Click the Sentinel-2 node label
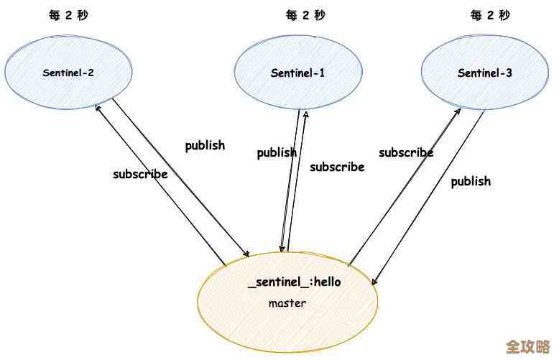(x=68, y=73)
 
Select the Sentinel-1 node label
(x=297, y=73)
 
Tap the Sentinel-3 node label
(x=484, y=73)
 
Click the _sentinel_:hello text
(x=295, y=282)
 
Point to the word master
(x=287, y=303)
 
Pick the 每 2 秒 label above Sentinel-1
(x=305, y=15)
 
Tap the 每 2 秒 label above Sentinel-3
(x=490, y=15)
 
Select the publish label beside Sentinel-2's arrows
(x=205, y=146)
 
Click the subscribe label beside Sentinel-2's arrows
(x=140, y=174)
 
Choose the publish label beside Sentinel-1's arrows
(x=277, y=152)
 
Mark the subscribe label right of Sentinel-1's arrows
(x=337, y=167)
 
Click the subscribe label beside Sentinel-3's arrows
(x=406, y=152)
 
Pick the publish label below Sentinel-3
(x=471, y=181)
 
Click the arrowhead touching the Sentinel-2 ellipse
(x=98, y=106)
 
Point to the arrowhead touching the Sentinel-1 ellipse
(x=306, y=113)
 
